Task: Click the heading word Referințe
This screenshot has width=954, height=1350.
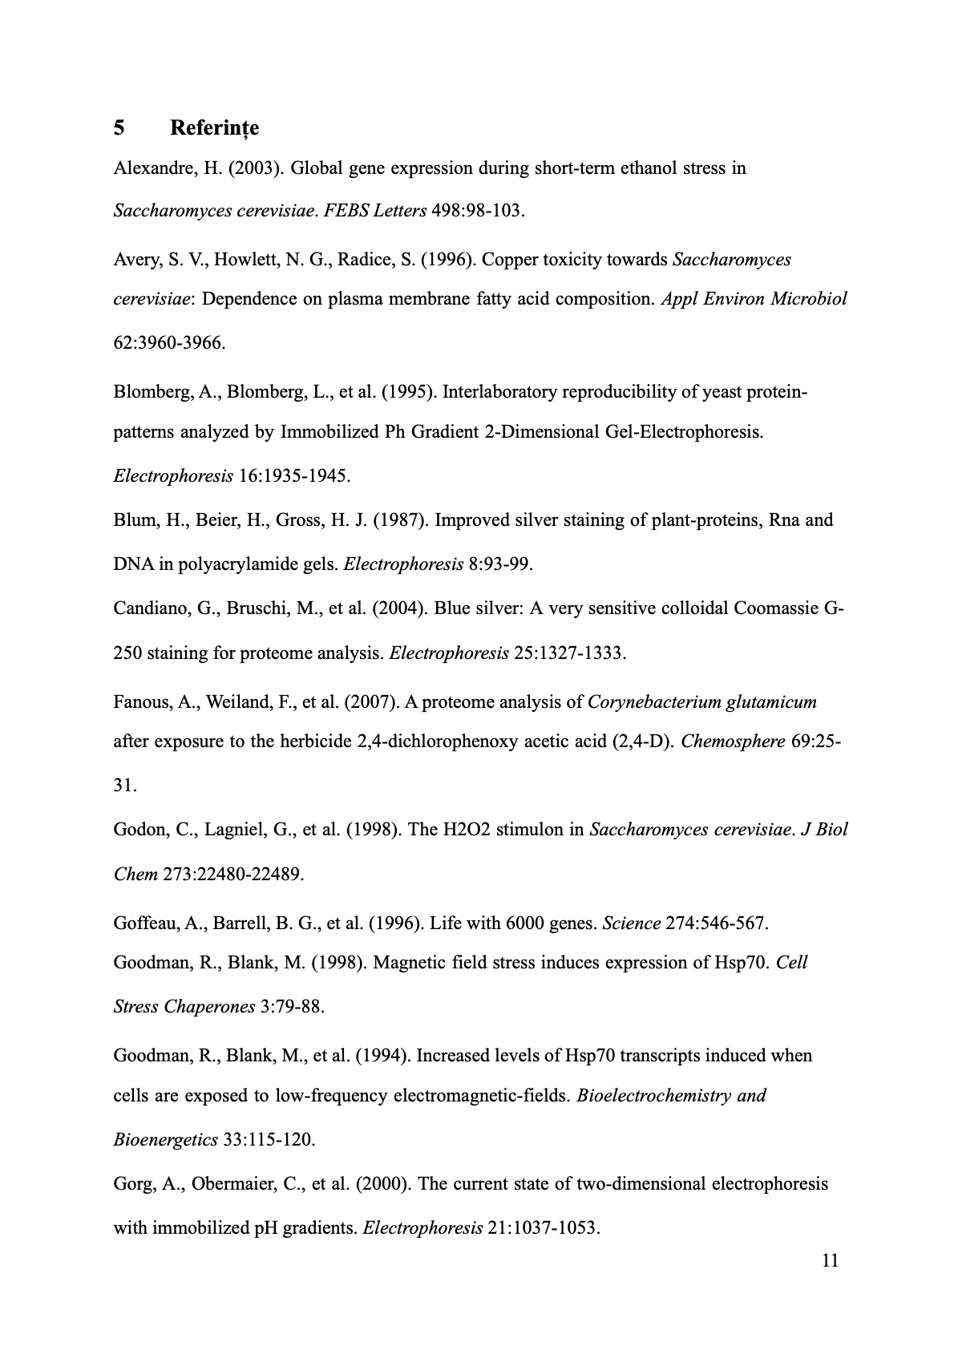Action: [x=214, y=128]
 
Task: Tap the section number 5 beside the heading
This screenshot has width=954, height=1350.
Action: [x=119, y=128]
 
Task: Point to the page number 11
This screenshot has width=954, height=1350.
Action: [x=830, y=1261]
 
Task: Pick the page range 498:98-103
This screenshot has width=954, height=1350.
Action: [x=477, y=212]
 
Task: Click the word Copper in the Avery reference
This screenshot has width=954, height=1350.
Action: [x=511, y=260]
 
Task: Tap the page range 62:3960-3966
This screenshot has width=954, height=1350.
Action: [x=169, y=343]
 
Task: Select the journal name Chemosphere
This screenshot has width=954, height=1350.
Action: [x=733, y=742]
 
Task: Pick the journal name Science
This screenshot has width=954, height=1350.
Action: [x=631, y=924]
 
